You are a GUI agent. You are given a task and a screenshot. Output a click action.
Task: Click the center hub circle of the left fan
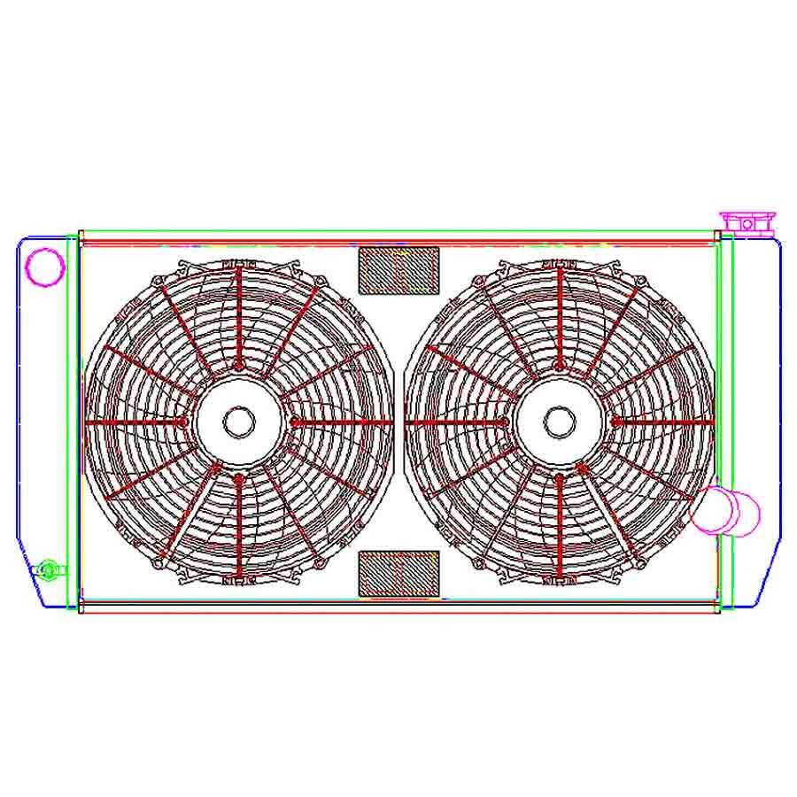click(x=238, y=422)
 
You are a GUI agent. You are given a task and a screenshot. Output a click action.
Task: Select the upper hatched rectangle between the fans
click(x=398, y=269)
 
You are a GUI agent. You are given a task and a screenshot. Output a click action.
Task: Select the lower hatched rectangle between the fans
click(x=398, y=573)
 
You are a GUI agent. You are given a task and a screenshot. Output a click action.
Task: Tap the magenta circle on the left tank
click(x=43, y=266)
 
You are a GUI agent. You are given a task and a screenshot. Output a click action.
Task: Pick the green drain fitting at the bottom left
click(x=49, y=568)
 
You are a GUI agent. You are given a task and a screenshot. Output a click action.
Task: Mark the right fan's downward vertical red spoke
click(x=560, y=527)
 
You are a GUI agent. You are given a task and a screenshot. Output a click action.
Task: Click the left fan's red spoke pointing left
click(x=137, y=422)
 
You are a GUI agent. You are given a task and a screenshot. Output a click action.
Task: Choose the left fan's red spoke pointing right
click(x=341, y=422)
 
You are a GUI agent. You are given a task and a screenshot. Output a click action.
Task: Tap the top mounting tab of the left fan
click(x=238, y=263)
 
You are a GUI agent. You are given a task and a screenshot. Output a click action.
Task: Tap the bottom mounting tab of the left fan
click(x=238, y=582)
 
